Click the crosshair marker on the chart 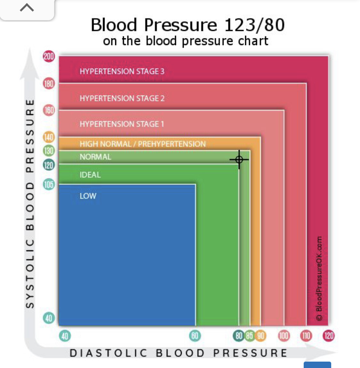(239, 160)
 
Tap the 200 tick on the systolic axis (49, 56)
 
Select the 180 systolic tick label (49, 83)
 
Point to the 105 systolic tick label (49, 184)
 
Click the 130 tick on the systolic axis (49, 151)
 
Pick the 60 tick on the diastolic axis (195, 336)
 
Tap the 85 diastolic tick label (250, 336)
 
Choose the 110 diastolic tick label (306, 336)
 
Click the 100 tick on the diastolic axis (284, 336)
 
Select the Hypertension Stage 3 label (122, 71)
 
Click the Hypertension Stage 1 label (122, 124)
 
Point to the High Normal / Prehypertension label (142, 144)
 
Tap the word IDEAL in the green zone (90, 175)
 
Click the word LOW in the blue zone (88, 196)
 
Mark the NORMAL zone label (95, 157)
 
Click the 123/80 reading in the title (254, 25)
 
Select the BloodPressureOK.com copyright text (319, 278)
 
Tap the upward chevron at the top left (27, 8)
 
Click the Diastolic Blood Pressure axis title (179, 353)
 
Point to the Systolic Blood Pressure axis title (30, 204)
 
